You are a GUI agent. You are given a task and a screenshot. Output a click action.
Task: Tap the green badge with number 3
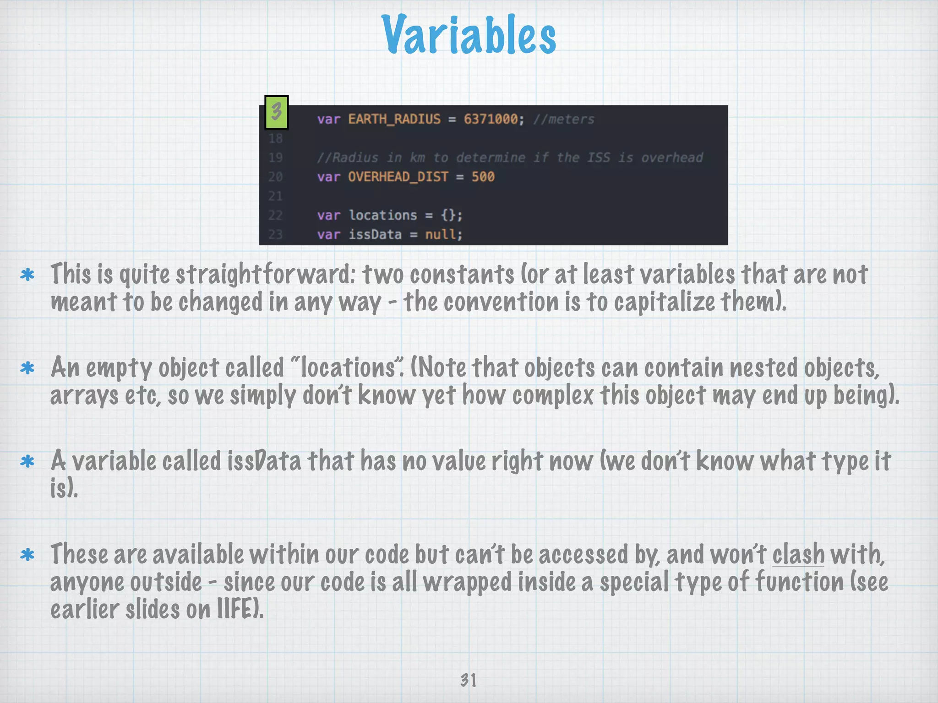(277, 112)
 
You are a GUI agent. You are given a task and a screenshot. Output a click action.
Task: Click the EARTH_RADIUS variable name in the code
(394, 119)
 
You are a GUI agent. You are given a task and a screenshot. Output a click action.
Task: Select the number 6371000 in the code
(491, 119)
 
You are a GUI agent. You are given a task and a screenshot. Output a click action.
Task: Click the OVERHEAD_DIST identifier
(398, 177)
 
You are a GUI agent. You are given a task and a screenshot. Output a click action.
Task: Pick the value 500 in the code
(483, 177)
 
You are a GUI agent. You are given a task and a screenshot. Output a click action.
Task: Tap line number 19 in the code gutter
(275, 158)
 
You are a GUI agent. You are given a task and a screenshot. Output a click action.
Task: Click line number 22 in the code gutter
(275, 216)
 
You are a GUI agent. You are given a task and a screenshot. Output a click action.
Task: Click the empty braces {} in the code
(448, 216)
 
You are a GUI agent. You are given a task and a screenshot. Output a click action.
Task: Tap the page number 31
(468, 680)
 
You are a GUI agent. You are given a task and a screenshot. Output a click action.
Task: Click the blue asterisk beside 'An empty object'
(27, 368)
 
